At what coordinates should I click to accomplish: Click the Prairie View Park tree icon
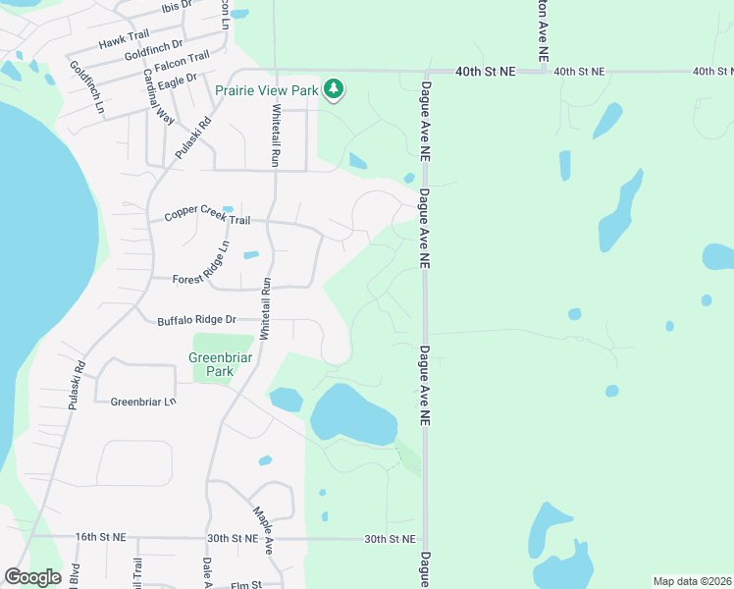[335, 89]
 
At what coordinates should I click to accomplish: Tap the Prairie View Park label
[268, 90]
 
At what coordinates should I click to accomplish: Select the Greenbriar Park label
[221, 364]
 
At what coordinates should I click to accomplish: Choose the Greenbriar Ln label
[143, 402]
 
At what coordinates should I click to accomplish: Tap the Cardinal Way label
[158, 94]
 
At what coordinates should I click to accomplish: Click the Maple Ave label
[262, 529]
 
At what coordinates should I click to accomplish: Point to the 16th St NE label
[101, 538]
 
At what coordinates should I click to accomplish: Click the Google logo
[32, 577]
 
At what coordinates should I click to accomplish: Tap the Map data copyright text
[691, 581]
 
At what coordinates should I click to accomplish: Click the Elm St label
[244, 585]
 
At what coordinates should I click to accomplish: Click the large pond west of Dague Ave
[353, 414]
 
